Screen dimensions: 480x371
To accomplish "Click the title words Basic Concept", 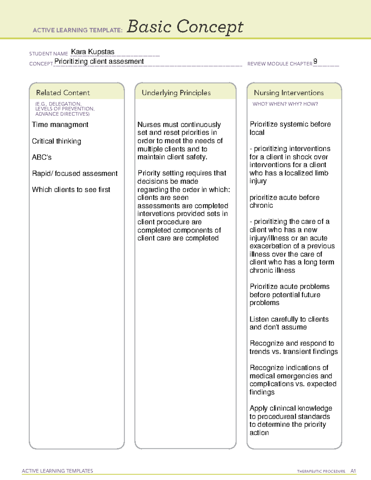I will [x=185, y=27].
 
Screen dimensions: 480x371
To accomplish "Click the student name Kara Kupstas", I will [x=93, y=52].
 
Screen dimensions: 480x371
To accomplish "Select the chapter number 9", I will [x=315, y=61].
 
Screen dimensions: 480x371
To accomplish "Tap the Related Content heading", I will [x=63, y=93].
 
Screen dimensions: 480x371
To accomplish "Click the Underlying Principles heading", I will [x=176, y=93].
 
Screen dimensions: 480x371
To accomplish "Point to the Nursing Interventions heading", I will [x=288, y=93].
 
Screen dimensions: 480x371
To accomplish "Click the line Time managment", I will [x=60, y=125].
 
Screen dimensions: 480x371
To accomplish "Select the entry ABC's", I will [x=42, y=157].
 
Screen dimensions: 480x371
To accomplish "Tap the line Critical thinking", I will [x=56, y=141].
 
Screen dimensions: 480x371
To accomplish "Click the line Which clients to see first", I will [x=71, y=190].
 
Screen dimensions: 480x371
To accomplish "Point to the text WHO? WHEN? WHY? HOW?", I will [x=285, y=104].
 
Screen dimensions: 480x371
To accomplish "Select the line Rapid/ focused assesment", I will [x=75, y=173].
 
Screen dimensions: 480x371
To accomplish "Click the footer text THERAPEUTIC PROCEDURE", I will [x=321, y=471].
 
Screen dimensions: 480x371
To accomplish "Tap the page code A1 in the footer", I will [x=353, y=471].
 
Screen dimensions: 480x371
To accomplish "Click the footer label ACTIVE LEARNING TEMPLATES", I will [x=57, y=471].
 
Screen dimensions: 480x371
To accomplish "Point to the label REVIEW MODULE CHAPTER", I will [x=279, y=64].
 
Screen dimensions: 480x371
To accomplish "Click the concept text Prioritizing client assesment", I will [x=99, y=62].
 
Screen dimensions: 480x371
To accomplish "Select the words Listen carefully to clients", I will [x=289, y=319].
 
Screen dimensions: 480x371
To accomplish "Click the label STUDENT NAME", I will [x=48, y=54].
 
